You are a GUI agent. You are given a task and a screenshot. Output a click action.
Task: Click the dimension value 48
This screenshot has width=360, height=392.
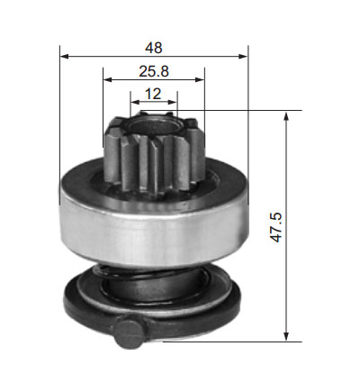[x=154, y=48]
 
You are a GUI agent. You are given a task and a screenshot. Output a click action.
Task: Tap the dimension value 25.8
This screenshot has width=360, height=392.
[x=154, y=71]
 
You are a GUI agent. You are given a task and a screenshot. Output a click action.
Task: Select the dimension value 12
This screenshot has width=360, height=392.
[x=153, y=94]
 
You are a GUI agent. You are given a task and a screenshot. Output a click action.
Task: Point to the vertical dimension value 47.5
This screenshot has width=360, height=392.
[x=275, y=227]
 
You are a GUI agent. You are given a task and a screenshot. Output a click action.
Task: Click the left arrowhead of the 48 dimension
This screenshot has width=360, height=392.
[x=65, y=56]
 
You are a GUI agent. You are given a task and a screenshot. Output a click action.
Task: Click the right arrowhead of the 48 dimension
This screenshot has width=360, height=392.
[x=243, y=56]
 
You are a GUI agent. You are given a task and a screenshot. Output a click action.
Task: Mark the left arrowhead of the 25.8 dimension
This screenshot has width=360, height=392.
[x=107, y=79]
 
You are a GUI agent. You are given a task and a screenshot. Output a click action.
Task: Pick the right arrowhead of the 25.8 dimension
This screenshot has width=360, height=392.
[x=200, y=79]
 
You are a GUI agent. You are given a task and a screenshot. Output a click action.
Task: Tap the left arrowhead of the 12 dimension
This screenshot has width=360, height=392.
[x=135, y=102]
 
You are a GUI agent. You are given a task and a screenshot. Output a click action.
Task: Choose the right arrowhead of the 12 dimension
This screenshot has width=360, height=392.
[x=173, y=102]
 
